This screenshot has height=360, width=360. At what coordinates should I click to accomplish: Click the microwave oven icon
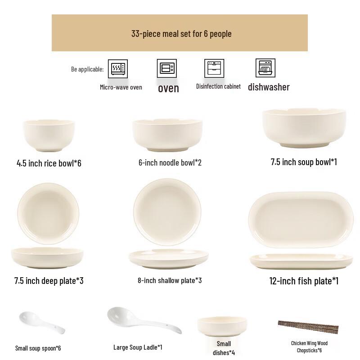pos(119,69)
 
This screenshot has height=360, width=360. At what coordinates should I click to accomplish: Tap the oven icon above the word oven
pos(166,68)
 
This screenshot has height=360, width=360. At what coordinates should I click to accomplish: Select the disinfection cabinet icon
pos(214,68)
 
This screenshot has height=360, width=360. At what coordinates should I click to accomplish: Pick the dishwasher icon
pos(265,68)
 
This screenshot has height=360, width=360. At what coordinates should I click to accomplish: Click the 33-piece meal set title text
pos(181,34)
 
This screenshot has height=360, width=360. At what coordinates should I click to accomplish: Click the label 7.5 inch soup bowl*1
pos(304,162)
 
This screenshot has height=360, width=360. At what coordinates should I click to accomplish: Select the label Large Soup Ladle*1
pos(138,347)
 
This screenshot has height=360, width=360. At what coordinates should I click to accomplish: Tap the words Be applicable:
pos(87,69)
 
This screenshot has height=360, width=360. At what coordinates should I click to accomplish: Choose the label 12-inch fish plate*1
pos(304,281)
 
